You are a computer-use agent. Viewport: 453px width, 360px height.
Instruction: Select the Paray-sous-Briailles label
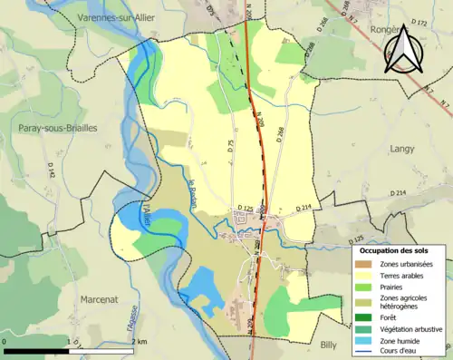pyautogui.click(x=57, y=129)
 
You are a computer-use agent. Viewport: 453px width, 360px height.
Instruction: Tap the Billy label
pyautogui.click(x=329, y=345)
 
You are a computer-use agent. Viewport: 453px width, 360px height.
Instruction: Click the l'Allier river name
pyautogui.click(x=145, y=212)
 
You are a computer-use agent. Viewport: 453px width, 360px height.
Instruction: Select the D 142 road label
pyautogui.click(x=52, y=170)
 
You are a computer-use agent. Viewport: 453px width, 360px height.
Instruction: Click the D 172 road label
pyautogui.click(x=418, y=21)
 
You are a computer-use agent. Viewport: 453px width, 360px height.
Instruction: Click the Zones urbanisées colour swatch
pyautogui.click(x=364, y=264)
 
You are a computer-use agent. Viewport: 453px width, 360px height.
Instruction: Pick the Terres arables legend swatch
pyautogui.click(x=364, y=276)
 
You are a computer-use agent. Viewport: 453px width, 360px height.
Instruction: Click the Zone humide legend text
pyautogui.click(x=401, y=341)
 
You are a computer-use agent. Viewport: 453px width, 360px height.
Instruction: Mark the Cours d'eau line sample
pyautogui.click(x=364, y=352)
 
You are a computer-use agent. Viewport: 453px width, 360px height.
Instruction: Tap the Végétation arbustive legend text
pyautogui.click(x=412, y=329)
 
